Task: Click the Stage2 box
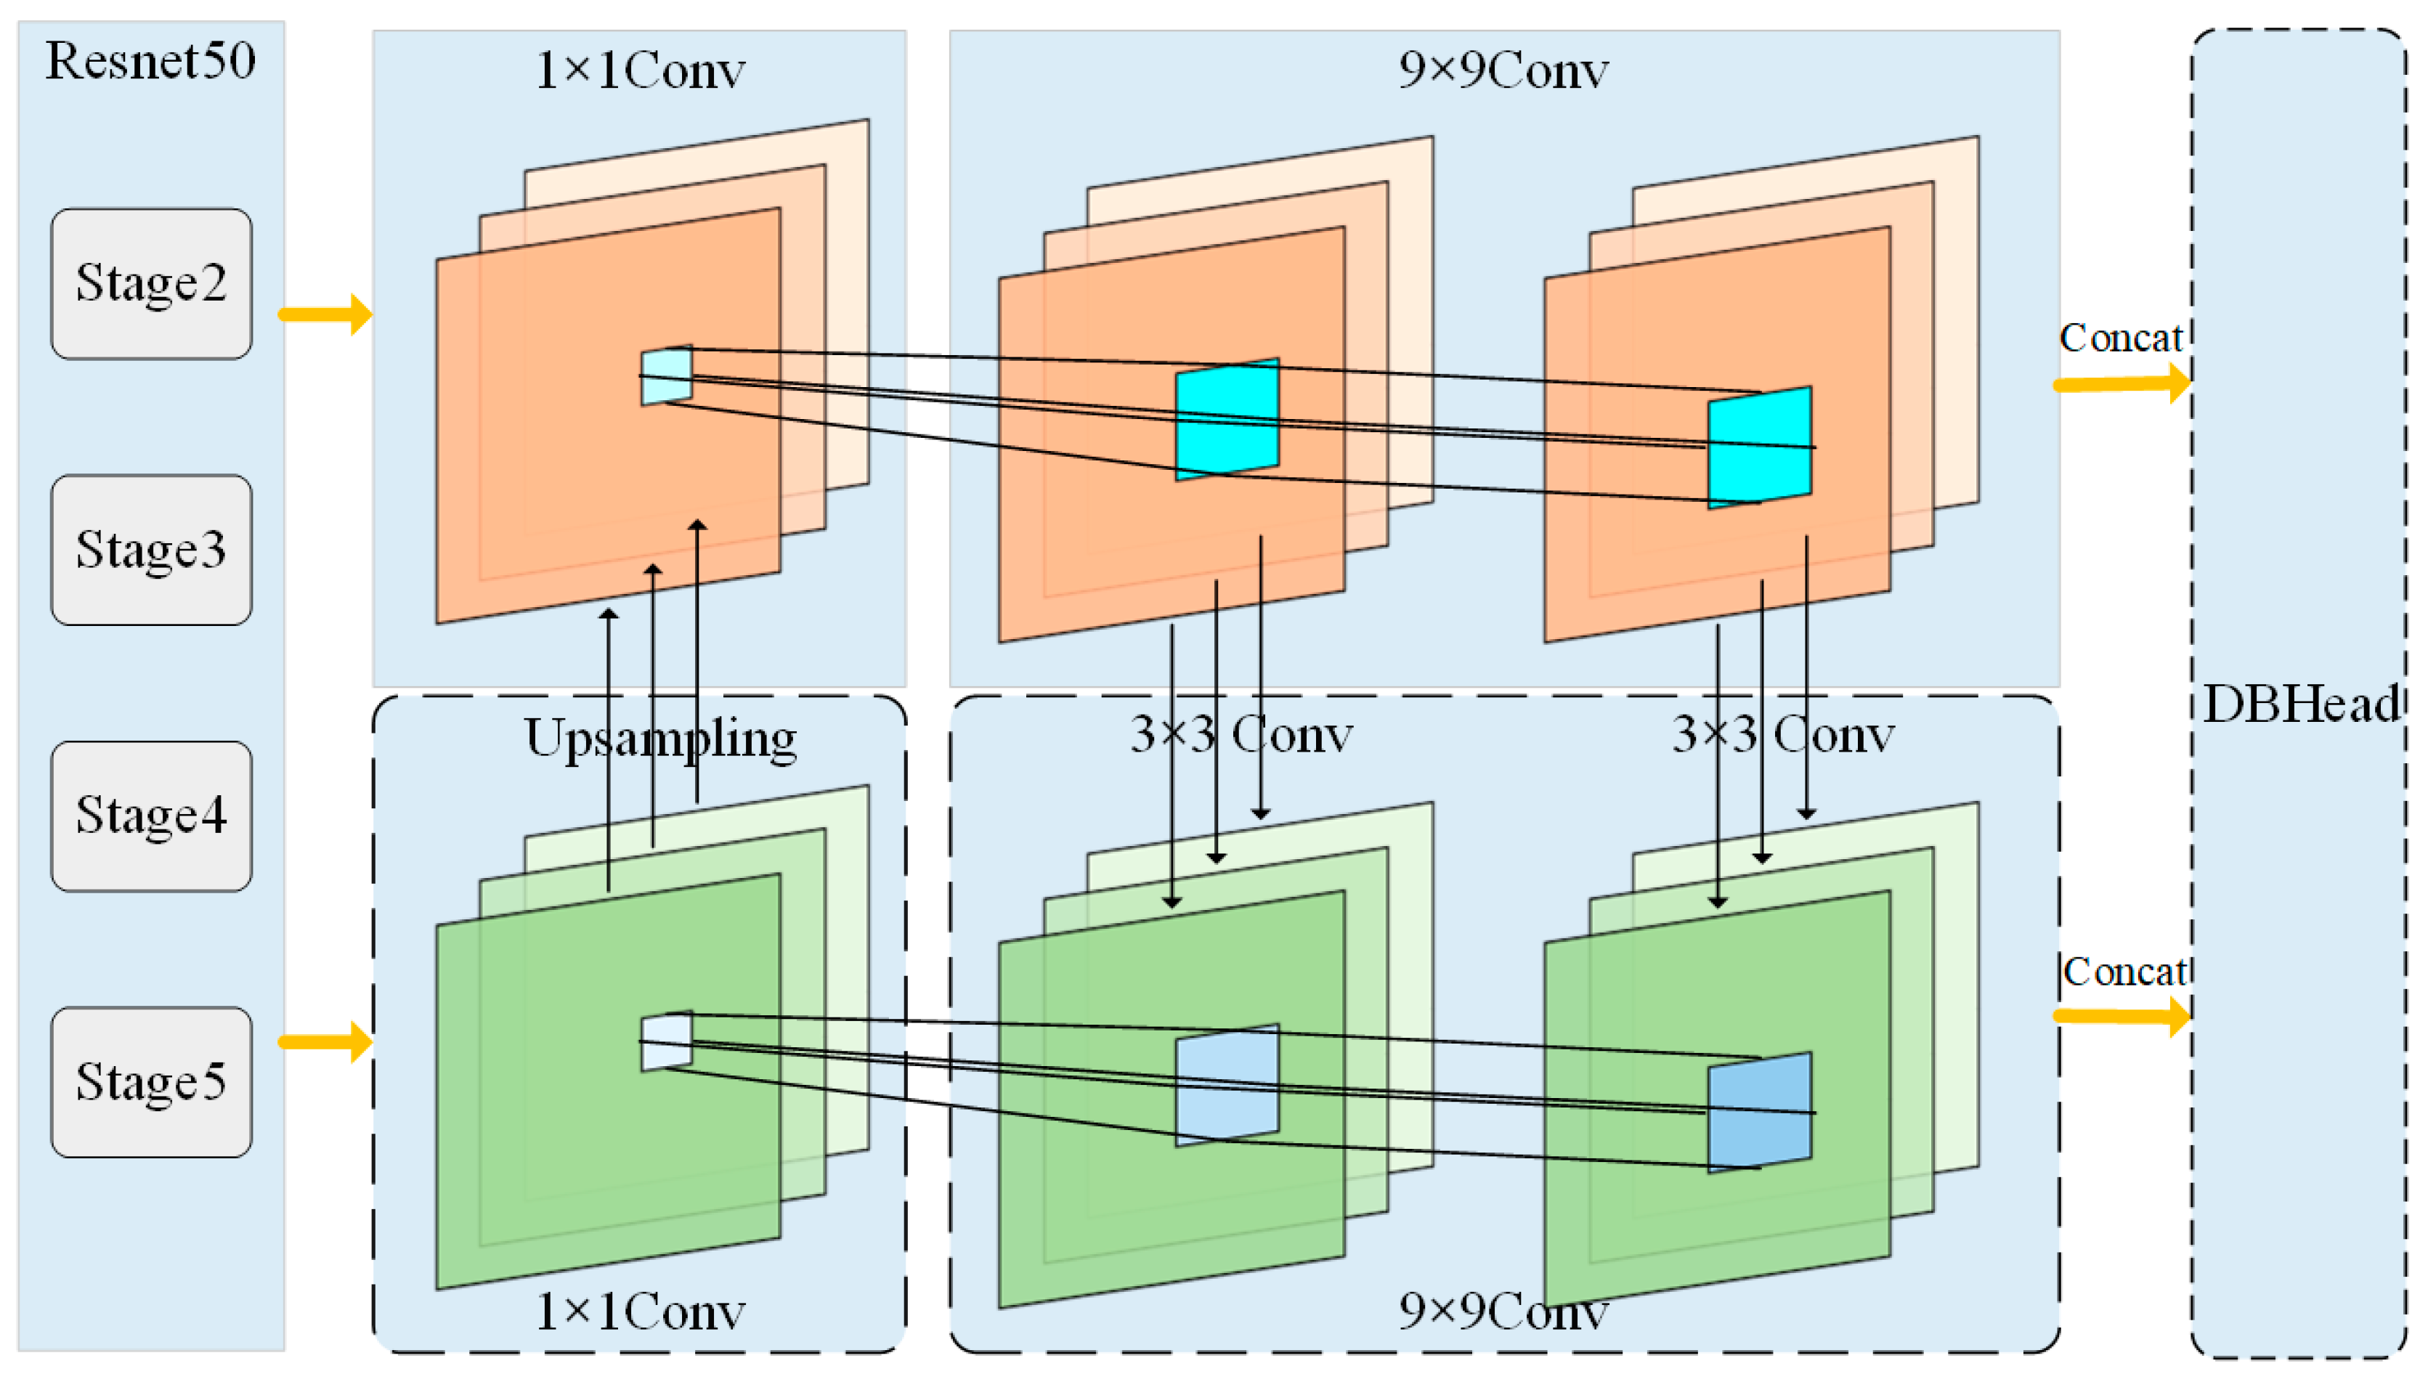151,283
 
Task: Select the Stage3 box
151,550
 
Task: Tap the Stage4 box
151,816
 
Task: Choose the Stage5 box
151,1081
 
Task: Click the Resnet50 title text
150,61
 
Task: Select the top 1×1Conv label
640,70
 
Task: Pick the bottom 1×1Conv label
640,1312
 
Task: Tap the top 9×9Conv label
1503,70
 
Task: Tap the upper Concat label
2121,338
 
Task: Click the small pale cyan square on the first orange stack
666,375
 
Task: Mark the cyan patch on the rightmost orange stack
1759,446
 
